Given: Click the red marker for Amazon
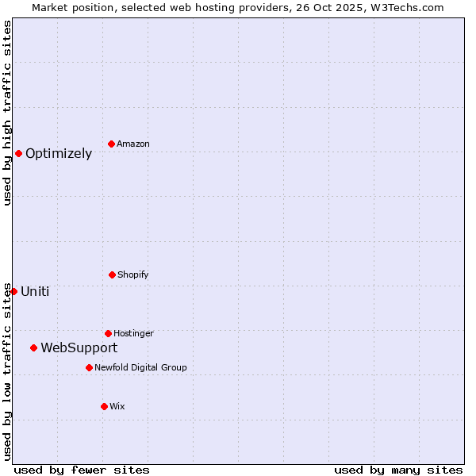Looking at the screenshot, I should (111, 144).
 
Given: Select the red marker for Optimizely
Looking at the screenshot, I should (18, 153).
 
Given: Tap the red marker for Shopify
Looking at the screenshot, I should (112, 274).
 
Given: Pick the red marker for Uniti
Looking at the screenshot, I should (13, 291).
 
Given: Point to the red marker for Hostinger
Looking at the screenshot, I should (108, 333).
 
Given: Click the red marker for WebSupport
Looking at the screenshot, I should (33, 347).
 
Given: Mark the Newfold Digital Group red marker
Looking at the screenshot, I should (89, 367).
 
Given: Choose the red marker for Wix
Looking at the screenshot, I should (104, 406).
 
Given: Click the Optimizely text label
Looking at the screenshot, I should (59, 154).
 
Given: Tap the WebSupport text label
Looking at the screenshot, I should (79, 347).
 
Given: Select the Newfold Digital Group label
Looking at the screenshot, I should (140, 367).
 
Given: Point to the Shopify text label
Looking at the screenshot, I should (133, 274).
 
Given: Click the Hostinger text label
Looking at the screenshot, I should (133, 333).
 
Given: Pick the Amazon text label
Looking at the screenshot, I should (133, 144).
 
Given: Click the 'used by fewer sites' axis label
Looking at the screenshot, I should (82, 470).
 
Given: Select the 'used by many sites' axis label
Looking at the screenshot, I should (398, 470).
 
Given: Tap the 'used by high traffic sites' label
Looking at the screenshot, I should (7, 113).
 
